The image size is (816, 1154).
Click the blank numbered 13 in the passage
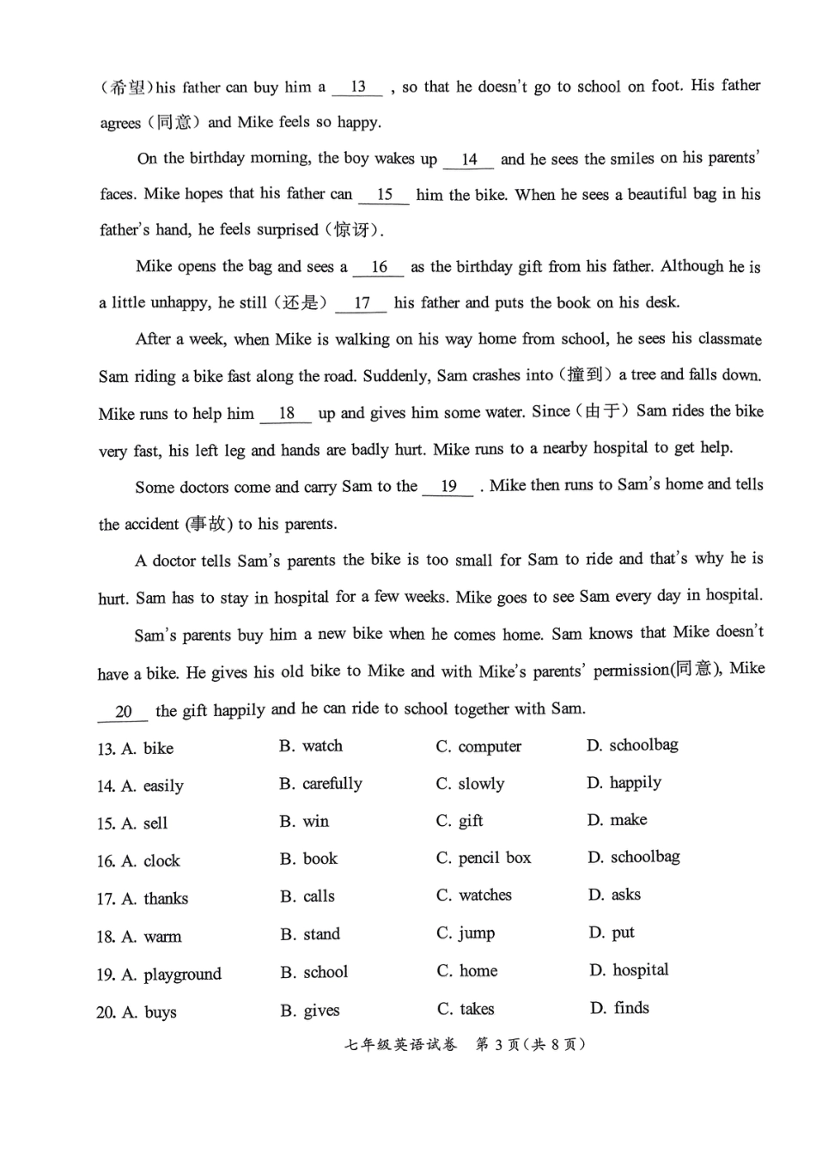click(x=357, y=87)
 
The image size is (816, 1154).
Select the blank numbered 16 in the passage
click(x=379, y=267)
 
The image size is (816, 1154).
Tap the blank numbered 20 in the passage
click(x=123, y=712)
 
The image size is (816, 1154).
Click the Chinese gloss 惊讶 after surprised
click(x=354, y=230)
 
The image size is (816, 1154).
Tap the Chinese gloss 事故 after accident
click(x=208, y=524)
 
